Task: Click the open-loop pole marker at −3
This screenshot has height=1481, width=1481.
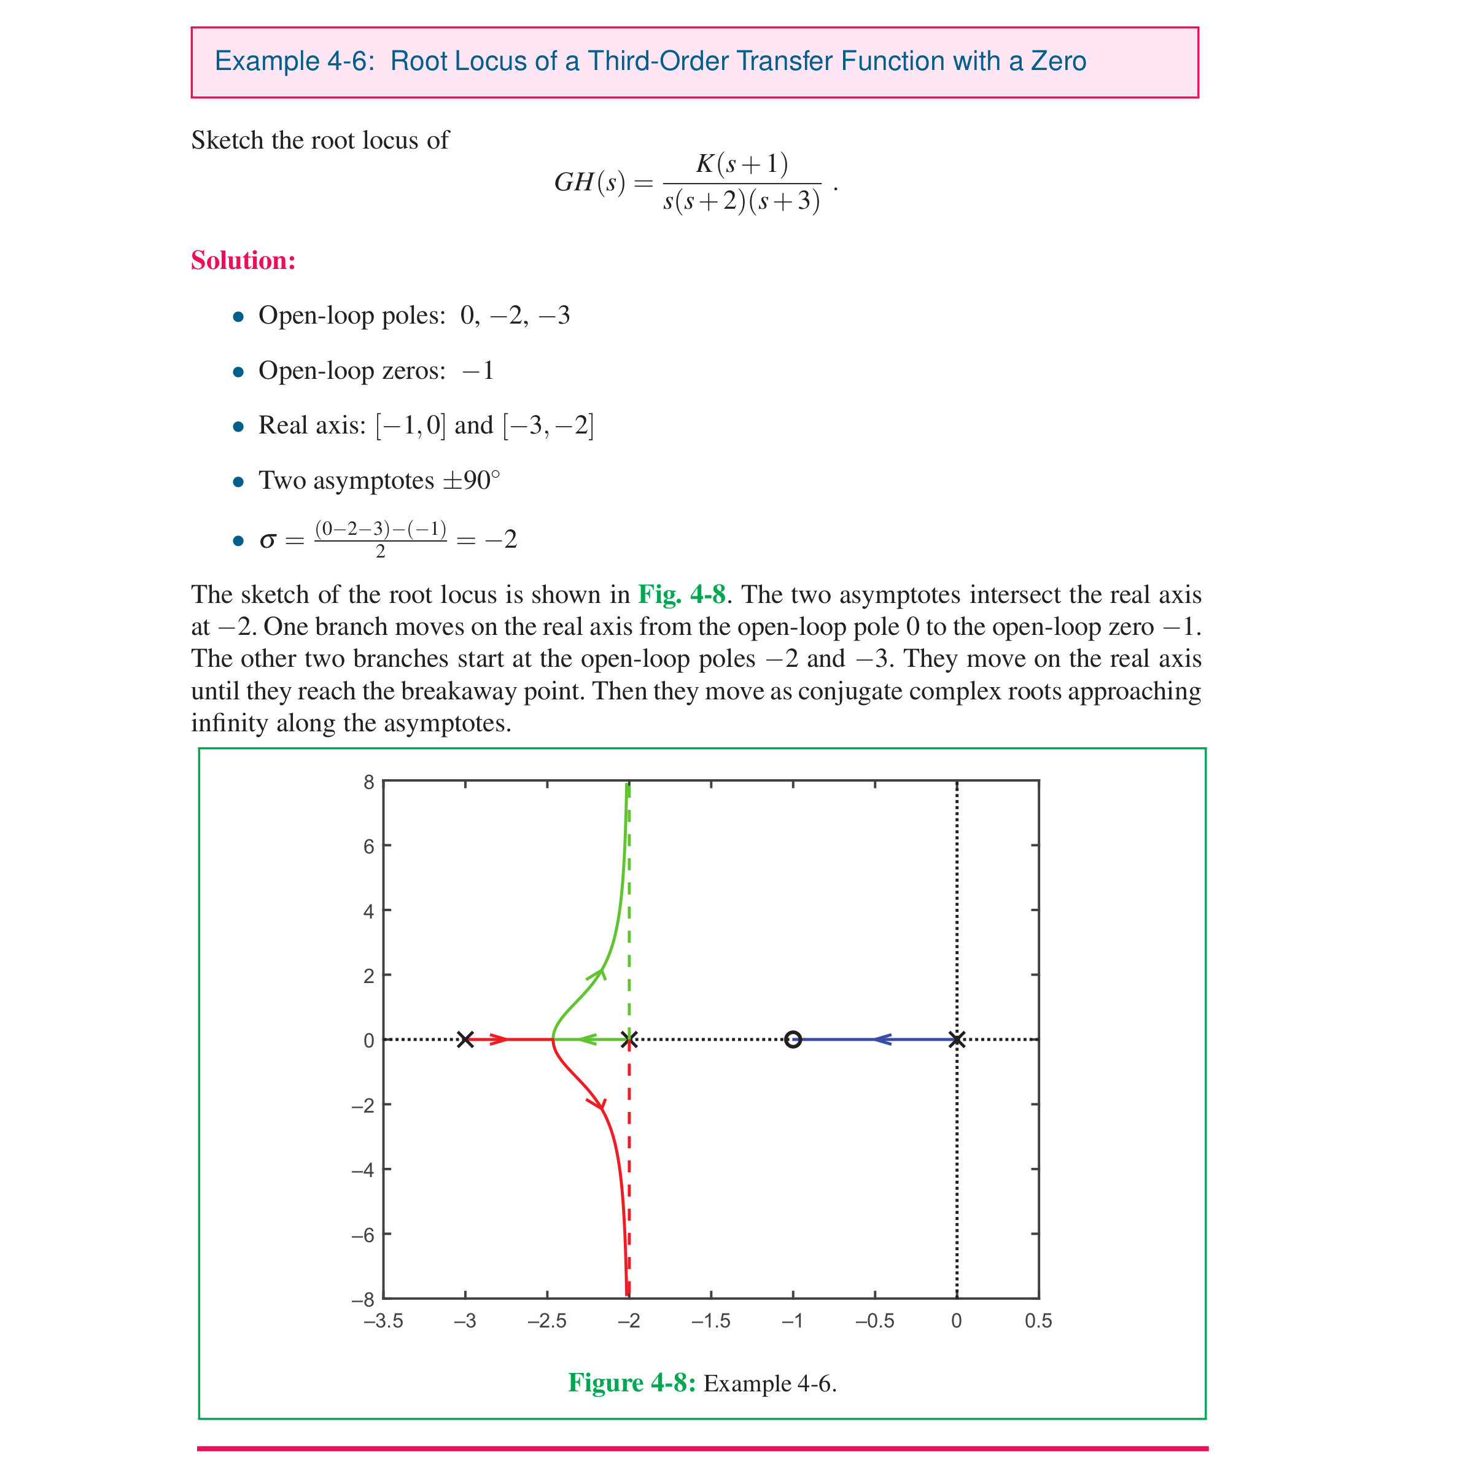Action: click(x=465, y=1040)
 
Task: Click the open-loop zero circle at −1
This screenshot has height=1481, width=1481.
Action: click(x=793, y=1040)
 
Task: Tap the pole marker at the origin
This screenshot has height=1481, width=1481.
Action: click(x=957, y=1040)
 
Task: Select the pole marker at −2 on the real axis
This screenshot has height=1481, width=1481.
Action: click(x=629, y=1040)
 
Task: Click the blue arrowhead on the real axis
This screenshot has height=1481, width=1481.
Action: click(x=882, y=1040)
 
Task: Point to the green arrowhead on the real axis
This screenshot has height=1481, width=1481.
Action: click(x=587, y=1040)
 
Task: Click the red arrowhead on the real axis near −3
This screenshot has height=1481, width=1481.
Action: click(x=499, y=1040)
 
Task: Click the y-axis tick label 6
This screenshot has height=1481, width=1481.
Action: click(x=369, y=846)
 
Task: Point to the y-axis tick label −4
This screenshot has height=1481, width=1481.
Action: click(x=363, y=1170)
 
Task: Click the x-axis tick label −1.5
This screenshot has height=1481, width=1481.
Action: click(x=710, y=1321)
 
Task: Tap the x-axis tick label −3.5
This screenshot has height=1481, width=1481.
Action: click(x=383, y=1321)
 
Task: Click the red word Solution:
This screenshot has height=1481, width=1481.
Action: click(x=243, y=260)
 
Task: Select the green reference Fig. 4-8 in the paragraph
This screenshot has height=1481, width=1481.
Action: click(x=682, y=594)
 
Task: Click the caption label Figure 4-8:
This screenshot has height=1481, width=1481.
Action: click(x=631, y=1382)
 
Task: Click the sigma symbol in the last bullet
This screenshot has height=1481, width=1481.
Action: click(x=268, y=540)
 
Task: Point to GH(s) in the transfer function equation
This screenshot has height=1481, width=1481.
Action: click(x=589, y=182)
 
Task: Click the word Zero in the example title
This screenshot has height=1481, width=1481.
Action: click(x=1058, y=61)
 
